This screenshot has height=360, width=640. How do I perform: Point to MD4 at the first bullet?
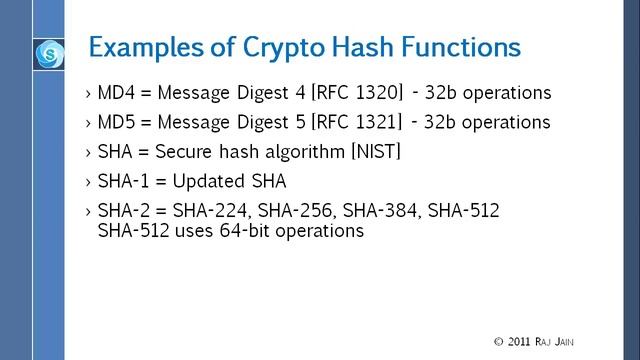point(117,93)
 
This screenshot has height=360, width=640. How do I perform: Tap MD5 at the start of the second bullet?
point(117,123)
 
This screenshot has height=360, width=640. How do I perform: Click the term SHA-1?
point(124,183)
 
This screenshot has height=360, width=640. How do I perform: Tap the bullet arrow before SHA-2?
point(89,212)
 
